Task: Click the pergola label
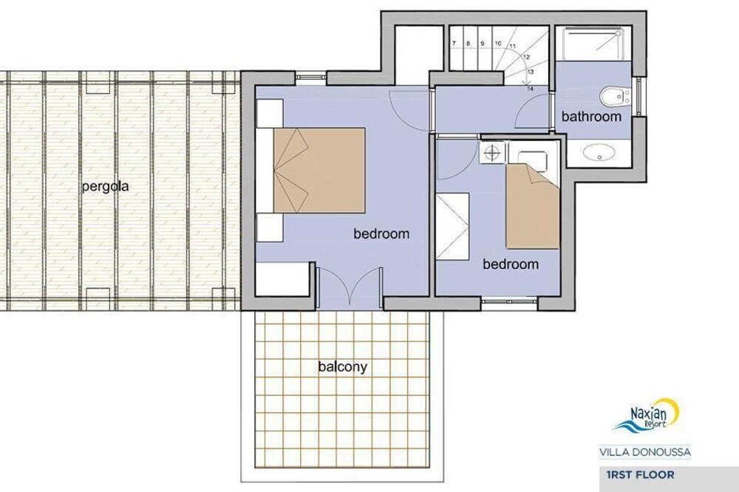(105, 187)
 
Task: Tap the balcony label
(343, 366)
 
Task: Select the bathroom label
(591, 117)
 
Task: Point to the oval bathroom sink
(599, 152)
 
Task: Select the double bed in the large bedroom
(319, 170)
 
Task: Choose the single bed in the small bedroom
(533, 206)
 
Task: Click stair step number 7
(454, 44)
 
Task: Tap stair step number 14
(530, 88)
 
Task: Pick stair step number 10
(498, 44)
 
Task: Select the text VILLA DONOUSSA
(645, 452)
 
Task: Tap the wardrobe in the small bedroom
(452, 226)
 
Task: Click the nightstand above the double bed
(270, 112)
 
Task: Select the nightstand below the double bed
(270, 227)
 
